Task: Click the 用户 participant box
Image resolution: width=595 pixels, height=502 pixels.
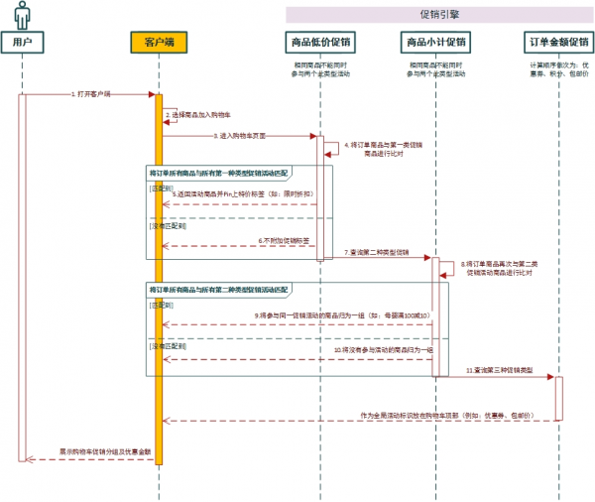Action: pyautogui.click(x=22, y=43)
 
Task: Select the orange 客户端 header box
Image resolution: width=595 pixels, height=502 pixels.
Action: pyautogui.click(x=158, y=43)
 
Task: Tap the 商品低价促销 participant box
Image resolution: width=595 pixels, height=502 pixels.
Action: pyautogui.click(x=320, y=43)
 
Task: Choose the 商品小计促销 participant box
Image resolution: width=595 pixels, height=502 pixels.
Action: pyautogui.click(x=436, y=43)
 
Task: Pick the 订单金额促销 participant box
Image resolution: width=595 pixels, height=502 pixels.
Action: pyautogui.click(x=557, y=43)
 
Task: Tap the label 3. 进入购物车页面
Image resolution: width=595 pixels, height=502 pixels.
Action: pyautogui.click(x=238, y=134)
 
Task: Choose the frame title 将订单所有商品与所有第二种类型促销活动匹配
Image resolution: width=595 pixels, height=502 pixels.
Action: pyautogui.click(x=218, y=289)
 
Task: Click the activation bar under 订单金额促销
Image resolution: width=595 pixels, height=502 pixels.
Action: pyautogui.click(x=557, y=397)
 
